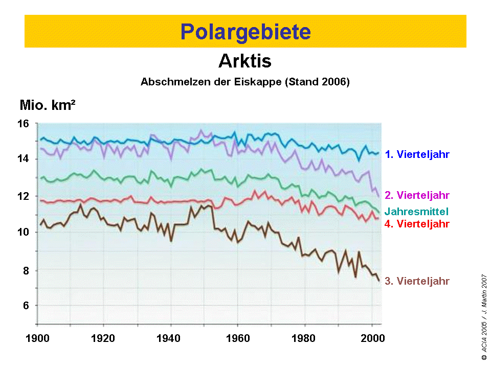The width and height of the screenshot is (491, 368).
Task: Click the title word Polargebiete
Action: point(245,32)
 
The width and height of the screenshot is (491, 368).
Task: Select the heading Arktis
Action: point(245,61)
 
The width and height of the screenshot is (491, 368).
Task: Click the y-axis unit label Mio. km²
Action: point(48,106)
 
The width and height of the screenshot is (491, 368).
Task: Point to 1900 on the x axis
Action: point(38,338)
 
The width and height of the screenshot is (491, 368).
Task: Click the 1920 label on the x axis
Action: point(104,338)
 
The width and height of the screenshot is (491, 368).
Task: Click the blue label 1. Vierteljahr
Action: point(417,154)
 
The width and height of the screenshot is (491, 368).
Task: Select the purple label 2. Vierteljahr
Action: point(417,195)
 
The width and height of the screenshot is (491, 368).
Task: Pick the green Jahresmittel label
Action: point(417,211)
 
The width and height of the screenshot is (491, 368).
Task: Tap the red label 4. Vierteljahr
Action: point(417,223)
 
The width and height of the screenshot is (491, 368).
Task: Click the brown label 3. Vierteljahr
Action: point(417,281)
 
